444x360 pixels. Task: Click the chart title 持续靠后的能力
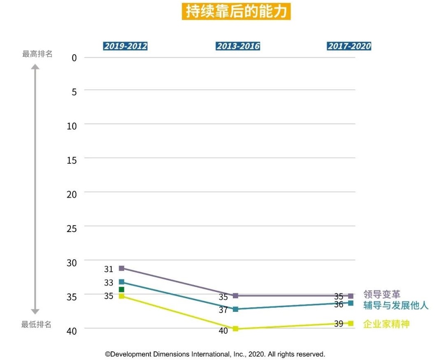(x=236, y=12)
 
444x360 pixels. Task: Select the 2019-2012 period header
(x=125, y=46)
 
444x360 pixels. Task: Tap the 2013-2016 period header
(x=238, y=46)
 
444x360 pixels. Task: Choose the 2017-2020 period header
(x=349, y=46)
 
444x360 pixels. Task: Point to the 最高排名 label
(x=37, y=54)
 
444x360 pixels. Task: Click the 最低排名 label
(x=37, y=325)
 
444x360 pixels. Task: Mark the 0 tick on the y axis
(x=74, y=58)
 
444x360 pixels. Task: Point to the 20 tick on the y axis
(x=72, y=194)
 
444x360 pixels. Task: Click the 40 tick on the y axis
(x=72, y=331)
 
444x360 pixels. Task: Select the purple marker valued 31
(x=121, y=268)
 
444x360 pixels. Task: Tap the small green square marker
(x=121, y=290)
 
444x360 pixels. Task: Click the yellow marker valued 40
(x=235, y=329)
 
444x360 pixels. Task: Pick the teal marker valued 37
(x=235, y=309)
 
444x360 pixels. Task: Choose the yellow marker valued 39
(x=351, y=323)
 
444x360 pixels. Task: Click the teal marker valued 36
(x=351, y=303)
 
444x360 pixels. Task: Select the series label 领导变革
(x=381, y=294)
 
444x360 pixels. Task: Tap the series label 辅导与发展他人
(x=396, y=305)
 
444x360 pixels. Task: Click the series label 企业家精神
(x=386, y=324)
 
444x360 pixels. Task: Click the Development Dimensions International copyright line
(x=215, y=354)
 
